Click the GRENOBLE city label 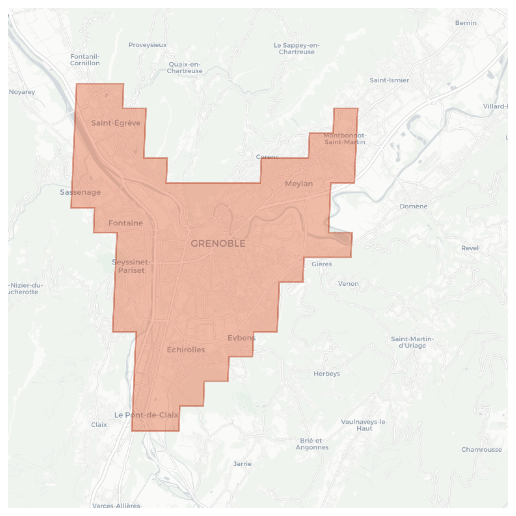218,243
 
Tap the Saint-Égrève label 116,123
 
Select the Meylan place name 299,184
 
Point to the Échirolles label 186,349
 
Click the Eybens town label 241,338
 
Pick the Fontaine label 125,223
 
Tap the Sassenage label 80,192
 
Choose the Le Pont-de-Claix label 146,415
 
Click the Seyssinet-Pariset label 131,266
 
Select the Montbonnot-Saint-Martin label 345,139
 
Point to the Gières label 321,264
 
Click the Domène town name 413,206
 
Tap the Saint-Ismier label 389,80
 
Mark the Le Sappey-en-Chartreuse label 296,49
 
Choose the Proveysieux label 147,45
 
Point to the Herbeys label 327,374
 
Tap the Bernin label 465,23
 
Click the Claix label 99,425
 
